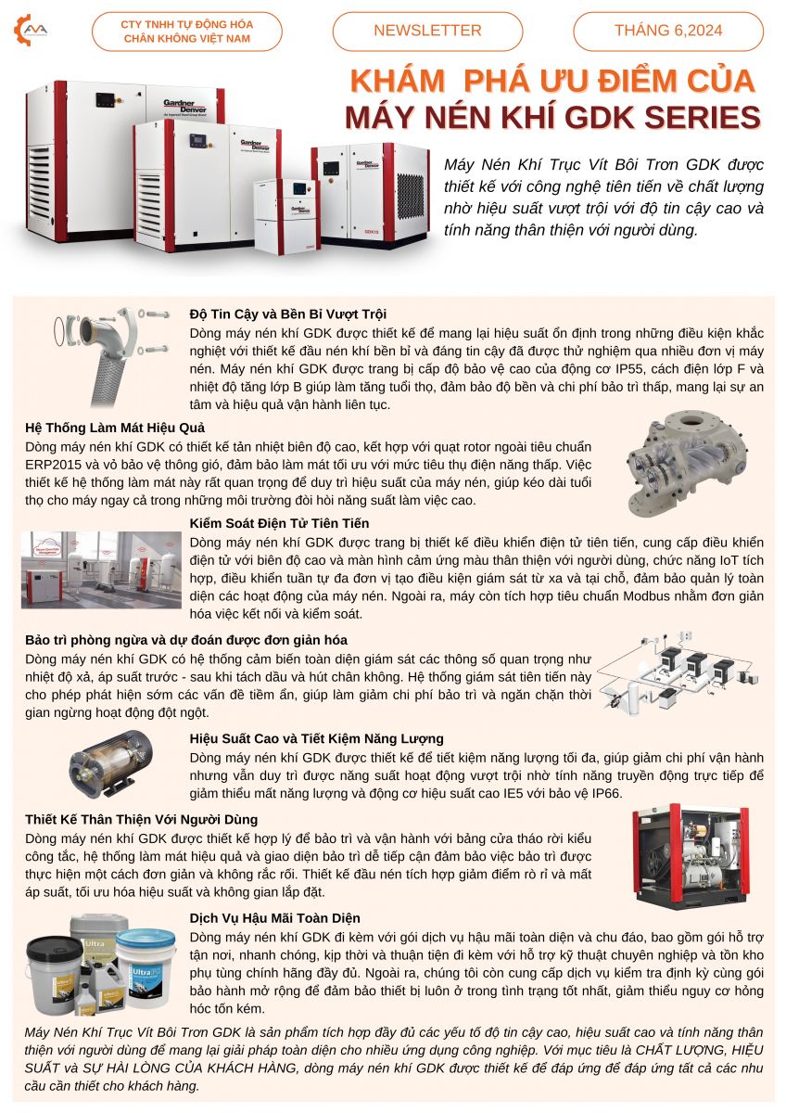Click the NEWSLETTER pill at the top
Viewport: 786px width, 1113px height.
coord(427,31)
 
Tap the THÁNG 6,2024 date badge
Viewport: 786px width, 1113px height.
coord(668,31)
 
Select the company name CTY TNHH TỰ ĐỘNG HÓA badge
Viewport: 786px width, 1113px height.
coord(187,32)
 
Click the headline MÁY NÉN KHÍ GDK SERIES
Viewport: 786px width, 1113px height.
coord(553,117)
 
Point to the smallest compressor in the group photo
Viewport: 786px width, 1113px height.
coord(285,216)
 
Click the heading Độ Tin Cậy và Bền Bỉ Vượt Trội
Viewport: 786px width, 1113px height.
coord(288,314)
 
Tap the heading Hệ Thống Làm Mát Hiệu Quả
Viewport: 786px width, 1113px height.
coord(115,428)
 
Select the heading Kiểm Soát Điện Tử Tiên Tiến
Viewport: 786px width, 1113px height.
coord(280,523)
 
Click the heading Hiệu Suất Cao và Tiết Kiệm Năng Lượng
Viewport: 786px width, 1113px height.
coord(317,738)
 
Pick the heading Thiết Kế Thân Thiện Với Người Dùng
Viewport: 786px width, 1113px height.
coord(142,819)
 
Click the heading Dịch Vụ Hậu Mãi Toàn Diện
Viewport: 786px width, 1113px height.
coord(275,918)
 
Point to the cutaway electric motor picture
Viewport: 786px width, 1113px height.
coord(110,764)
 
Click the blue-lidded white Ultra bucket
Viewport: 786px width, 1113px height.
coord(146,962)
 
